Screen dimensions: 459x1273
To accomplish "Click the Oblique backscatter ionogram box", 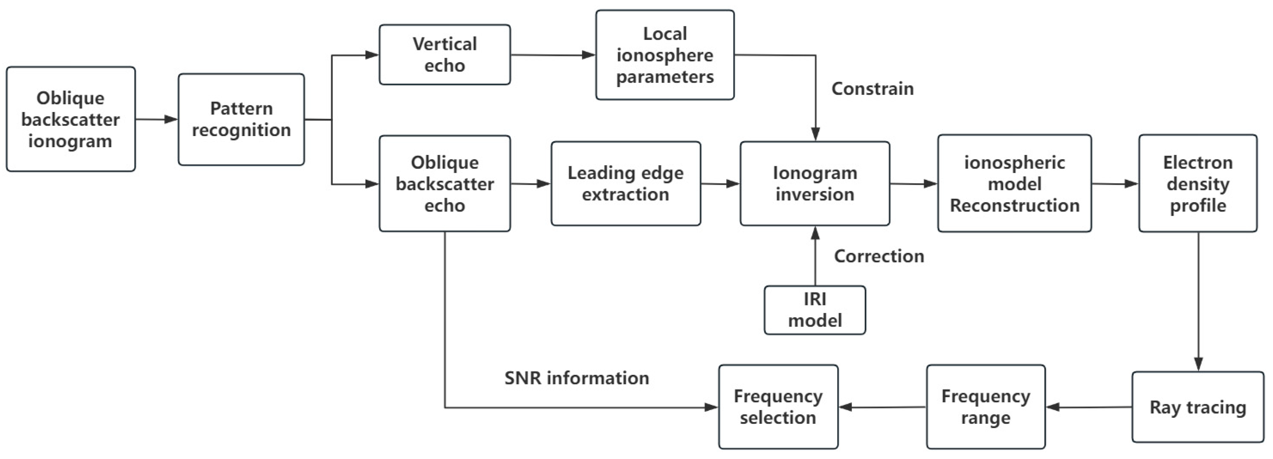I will point(71,119).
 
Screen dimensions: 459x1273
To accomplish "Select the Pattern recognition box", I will point(241,119).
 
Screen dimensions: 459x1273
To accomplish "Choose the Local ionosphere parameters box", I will point(665,55).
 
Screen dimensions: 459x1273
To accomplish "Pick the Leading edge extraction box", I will point(626,183).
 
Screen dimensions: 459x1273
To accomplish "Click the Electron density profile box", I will point(1197,183).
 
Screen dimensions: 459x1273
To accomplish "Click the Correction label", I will point(879,256).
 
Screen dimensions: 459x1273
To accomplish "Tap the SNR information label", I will point(576,378).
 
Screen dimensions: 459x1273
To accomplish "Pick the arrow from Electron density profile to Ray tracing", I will point(1198,302).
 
